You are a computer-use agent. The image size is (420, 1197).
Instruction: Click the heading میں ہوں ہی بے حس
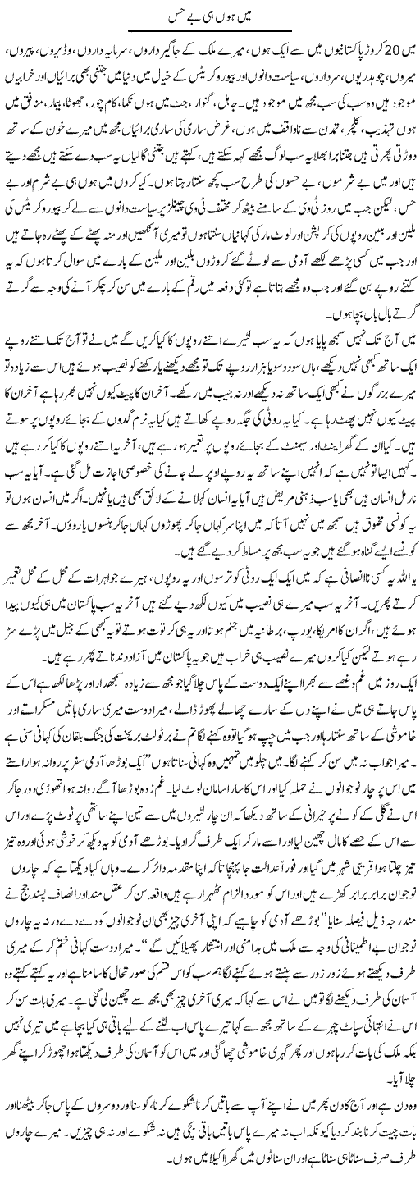pos(210,11)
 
